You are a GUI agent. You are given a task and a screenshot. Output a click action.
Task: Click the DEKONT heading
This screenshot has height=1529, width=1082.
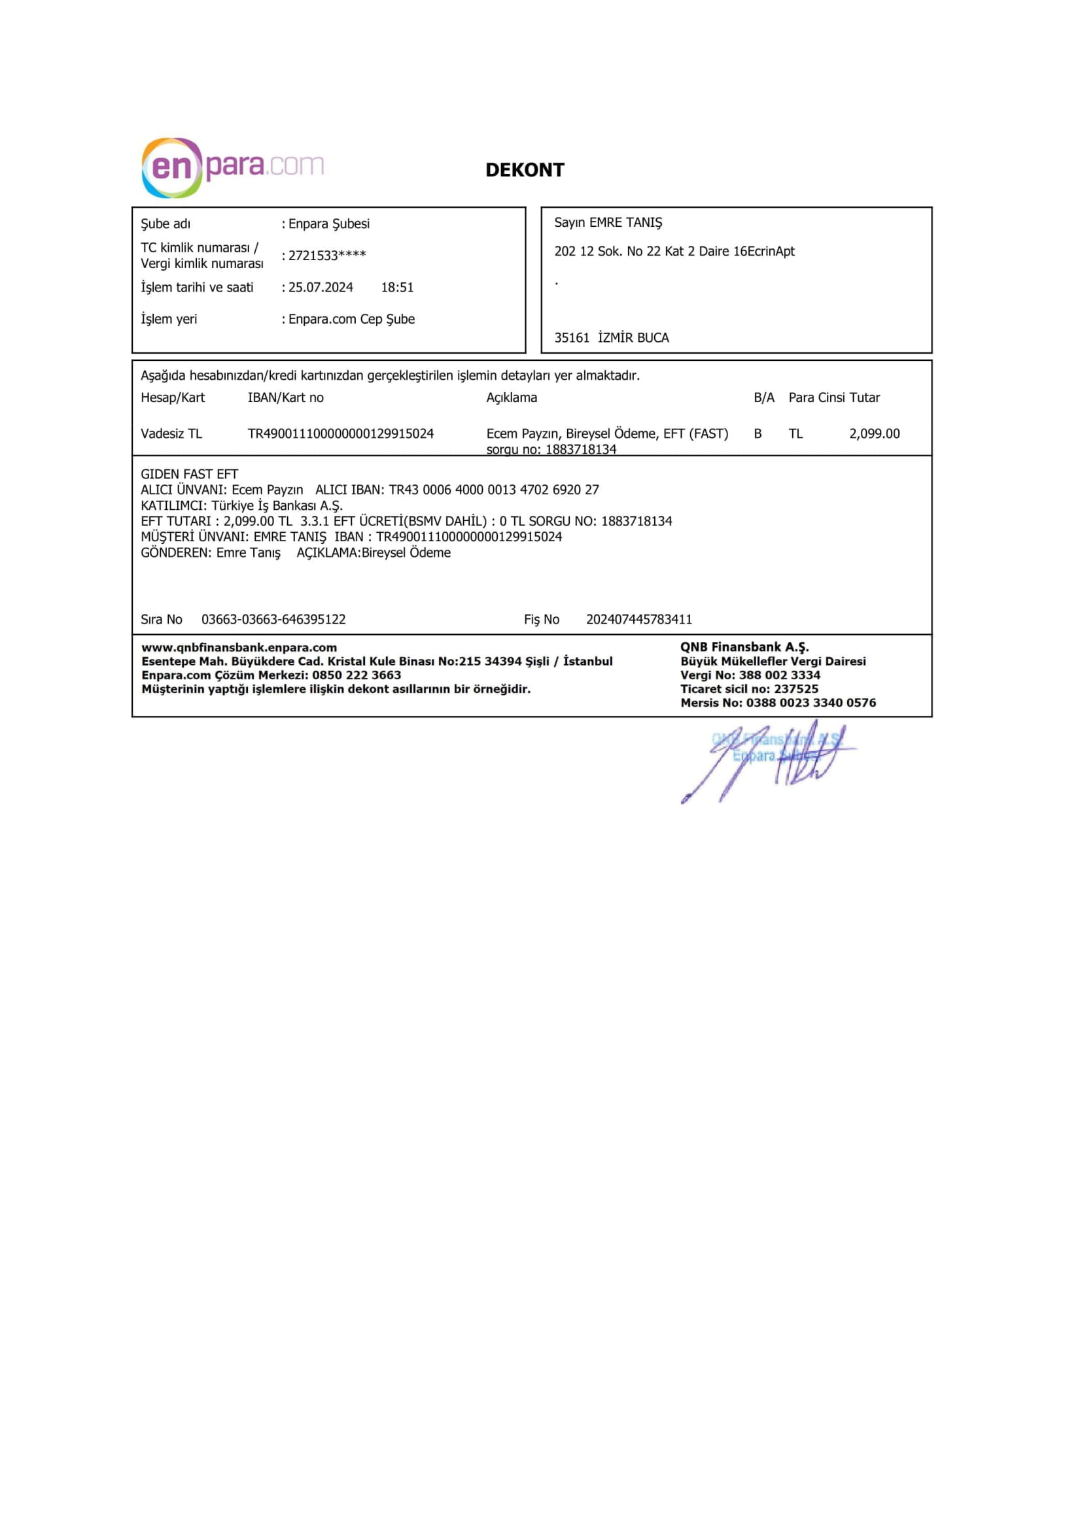point(525,170)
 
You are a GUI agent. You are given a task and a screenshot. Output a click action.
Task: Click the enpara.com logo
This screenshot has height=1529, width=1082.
point(232,167)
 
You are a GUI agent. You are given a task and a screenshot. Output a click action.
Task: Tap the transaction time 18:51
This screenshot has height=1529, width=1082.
point(397,288)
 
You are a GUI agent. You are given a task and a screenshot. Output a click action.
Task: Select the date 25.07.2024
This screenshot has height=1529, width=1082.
point(321,288)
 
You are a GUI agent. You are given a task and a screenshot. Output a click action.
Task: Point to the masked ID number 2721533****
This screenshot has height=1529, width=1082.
point(327,256)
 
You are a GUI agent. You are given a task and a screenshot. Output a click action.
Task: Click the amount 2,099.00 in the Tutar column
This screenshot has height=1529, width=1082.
point(874,434)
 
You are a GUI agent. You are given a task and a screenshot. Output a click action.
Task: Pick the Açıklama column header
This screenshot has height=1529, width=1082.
point(511,397)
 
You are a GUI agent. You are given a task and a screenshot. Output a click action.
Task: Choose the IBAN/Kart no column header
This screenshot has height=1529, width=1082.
point(285,397)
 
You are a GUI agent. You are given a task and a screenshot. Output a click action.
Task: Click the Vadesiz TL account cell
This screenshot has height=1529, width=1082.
point(171,434)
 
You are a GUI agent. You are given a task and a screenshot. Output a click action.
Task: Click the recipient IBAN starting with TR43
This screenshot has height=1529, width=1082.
point(494,490)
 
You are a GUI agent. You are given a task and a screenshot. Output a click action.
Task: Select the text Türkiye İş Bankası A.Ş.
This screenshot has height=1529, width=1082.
point(277,505)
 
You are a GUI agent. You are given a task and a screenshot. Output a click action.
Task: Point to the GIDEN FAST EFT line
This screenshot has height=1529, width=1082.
point(189,474)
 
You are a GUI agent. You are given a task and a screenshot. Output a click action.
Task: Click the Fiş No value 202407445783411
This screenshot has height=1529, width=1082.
point(639,619)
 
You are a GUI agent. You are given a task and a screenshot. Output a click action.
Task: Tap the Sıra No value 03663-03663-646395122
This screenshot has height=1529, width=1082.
point(273,619)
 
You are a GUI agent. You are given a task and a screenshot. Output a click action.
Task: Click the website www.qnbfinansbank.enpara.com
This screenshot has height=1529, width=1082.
point(239,647)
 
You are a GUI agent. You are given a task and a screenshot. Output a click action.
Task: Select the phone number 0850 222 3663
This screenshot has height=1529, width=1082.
point(357,675)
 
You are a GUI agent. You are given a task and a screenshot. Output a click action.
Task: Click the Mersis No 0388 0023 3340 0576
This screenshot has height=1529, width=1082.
point(811,703)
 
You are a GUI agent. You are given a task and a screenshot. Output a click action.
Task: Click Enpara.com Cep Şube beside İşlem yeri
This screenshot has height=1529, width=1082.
point(351,319)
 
